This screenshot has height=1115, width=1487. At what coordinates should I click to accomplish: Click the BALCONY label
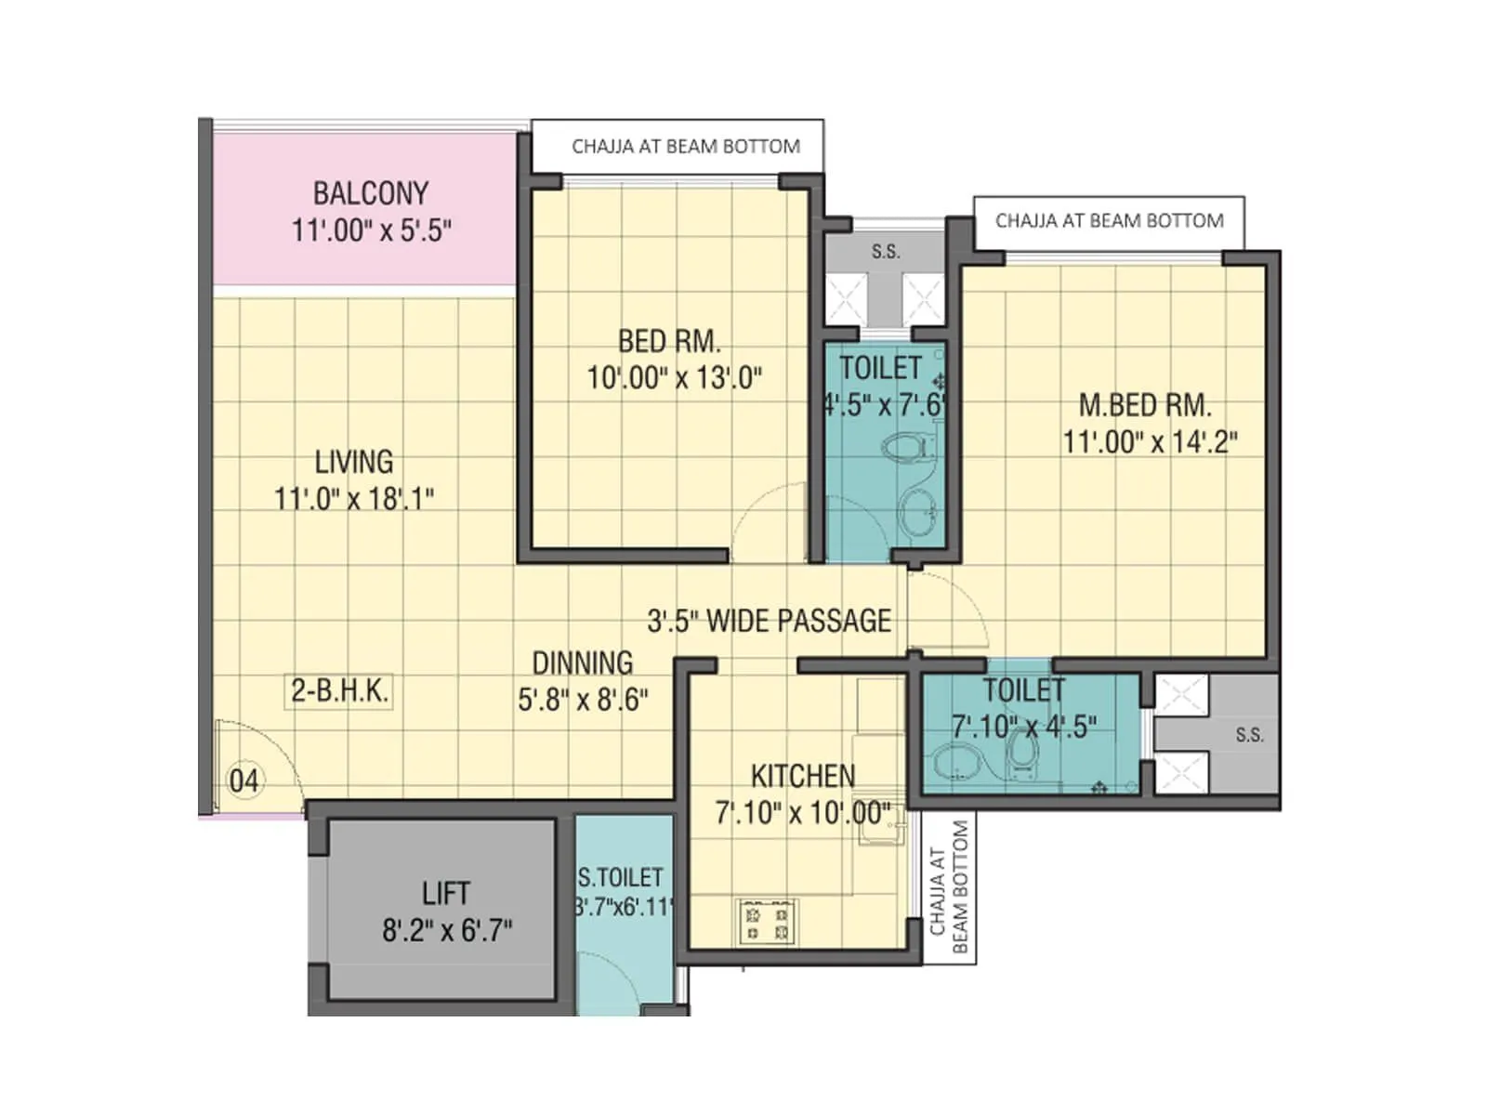pos(370,193)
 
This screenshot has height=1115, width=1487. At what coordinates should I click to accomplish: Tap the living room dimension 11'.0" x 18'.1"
pos(353,499)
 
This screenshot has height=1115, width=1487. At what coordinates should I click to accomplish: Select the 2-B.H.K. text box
pos(339,691)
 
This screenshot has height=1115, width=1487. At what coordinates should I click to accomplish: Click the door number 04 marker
pos(243,780)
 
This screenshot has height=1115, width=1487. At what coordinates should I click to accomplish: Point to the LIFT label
pos(445,894)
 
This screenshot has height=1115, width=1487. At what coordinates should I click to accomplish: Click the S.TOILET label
pos(620,877)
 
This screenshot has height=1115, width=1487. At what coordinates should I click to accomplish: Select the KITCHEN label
pos(803,776)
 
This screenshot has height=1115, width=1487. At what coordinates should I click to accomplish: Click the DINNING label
pos(583,663)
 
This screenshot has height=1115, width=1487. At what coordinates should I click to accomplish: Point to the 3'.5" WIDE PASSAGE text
pos(769,621)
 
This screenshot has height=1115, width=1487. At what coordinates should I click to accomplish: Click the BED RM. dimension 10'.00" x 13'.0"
pos(674,378)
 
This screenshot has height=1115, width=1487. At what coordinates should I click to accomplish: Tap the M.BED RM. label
pos(1145,405)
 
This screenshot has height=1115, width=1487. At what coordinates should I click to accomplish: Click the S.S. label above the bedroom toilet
pos(885,252)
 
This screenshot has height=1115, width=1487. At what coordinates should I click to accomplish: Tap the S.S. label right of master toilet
pos(1249,735)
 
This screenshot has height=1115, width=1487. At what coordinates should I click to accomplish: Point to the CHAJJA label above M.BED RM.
pos(1109,221)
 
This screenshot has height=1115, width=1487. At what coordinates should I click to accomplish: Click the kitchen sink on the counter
pos(877,827)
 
